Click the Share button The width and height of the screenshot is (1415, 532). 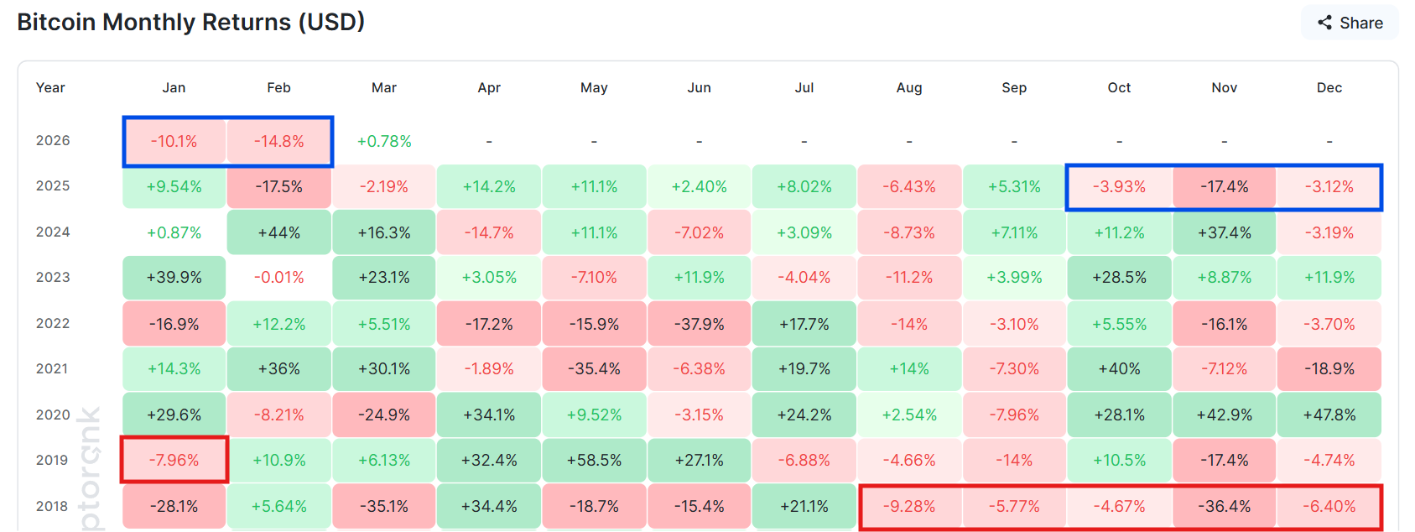click(x=1350, y=23)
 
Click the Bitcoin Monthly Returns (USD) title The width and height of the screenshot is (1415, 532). click(x=190, y=22)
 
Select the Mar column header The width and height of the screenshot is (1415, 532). click(x=384, y=87)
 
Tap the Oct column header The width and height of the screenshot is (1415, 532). click(x=1119, y=87)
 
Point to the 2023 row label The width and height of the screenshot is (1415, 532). click(x=53, y=277)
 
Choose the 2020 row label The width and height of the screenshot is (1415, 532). click(x=53, y=415)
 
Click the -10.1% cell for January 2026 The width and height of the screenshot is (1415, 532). click(x=174, y=141)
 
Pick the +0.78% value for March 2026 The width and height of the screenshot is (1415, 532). click(x=384, y=141)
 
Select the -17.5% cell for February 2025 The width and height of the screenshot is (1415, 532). click(x=279, y=186)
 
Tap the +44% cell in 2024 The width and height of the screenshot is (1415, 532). click(x=279, y=232)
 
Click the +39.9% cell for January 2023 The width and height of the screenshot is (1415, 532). click(x=174, y=277)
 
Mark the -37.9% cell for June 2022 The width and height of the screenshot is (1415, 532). click(x=700, y=324)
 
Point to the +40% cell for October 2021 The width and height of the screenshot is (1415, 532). click(x=1119, y=368)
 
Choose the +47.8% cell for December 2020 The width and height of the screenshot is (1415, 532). click(x=1329, y=415)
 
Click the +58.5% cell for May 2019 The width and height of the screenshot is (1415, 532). click(x=594, y=460)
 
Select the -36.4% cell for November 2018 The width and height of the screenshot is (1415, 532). click(x=1225, y=506)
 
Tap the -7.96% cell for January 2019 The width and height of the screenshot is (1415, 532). click(x=174, y=460)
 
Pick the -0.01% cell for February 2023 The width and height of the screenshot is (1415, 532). click(x=279, y=277)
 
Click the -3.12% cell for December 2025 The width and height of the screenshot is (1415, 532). click(x=1329, y=186)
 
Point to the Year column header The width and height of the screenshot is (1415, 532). click(x=50, y=87)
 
